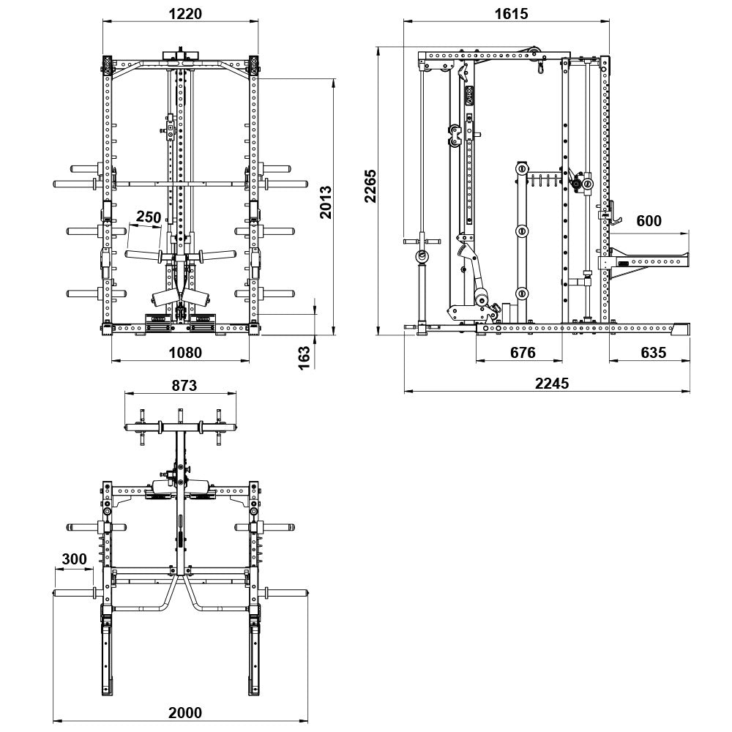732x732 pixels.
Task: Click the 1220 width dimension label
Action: [185, 13]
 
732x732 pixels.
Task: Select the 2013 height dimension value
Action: [326, 202]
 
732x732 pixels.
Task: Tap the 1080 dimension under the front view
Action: [185, 352]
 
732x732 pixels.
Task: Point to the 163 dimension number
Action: [304, 358]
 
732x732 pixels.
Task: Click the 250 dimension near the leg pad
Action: [149, 217]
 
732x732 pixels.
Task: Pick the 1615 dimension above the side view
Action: [511, 13]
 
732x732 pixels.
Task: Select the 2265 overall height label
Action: [370, 186]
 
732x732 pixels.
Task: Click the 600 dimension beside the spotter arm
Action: [649, 220]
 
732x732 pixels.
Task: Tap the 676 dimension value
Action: [523, 352]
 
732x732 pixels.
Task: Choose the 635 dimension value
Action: [653, 352]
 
